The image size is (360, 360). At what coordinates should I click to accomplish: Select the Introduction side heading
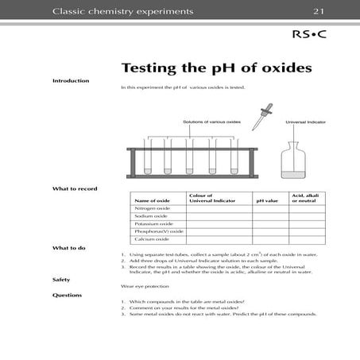71,81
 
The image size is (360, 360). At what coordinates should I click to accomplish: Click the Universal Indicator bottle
299,159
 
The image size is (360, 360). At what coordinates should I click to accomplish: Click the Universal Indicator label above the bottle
303,122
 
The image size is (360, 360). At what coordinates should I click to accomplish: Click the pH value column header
266,200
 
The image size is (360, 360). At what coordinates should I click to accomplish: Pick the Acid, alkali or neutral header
304,198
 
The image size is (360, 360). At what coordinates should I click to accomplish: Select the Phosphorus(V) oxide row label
158,231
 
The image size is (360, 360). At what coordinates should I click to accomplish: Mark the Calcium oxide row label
151,239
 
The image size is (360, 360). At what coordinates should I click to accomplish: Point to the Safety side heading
61,280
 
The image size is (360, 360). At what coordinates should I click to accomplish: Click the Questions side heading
67,295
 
